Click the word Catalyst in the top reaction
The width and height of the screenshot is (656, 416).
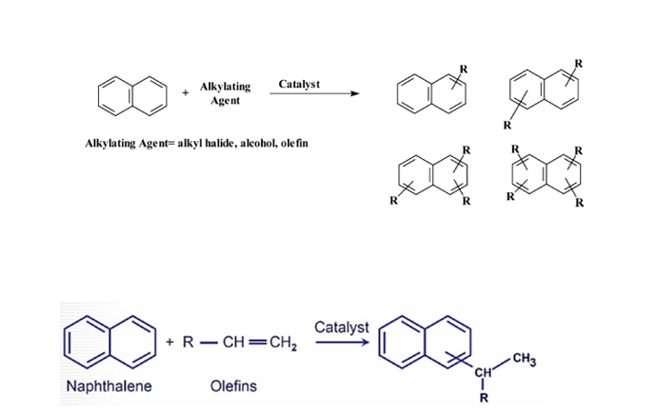(x=299, y=84)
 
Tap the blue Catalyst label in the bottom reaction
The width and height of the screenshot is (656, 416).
(x=342, y=327)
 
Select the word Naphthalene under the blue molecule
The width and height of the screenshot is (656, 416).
(x=109, y=386)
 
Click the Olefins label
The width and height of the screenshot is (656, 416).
(x=233, y=386)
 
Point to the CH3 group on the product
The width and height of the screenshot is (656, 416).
(x=525, y=359)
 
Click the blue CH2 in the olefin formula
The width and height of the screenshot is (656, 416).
(x=283, y=343)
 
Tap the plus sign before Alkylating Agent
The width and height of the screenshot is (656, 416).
(x=186, y=93)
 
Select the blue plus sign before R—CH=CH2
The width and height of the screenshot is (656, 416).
(x=169, y=342)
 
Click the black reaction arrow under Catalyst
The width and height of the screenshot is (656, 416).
(x=314, y=93)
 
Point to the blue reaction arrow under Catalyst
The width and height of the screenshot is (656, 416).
(x=342, y=343)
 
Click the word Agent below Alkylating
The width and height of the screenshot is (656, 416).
(x=225, y=101)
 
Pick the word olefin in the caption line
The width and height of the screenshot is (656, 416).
(x=294, y=143)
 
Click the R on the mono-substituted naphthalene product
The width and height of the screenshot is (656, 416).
(x=464, y=69)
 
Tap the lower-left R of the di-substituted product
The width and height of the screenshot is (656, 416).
(x=507, y=125)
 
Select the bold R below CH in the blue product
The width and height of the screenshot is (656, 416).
(x=484, y=398)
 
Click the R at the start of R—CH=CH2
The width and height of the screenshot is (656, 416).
(x=189, y=343)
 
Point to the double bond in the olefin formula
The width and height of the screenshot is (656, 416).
(x=257, y=343)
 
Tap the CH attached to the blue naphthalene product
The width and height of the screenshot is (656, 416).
(x=483, y=371)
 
